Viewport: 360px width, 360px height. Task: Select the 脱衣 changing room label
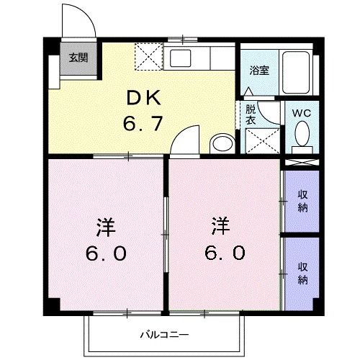click(250, 115)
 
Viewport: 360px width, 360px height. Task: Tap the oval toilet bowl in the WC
click(302, 133)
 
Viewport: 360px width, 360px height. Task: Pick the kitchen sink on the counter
click(180, 57)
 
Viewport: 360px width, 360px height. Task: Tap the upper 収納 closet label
click(302, 202)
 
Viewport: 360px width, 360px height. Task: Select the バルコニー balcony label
click(163, 336)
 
